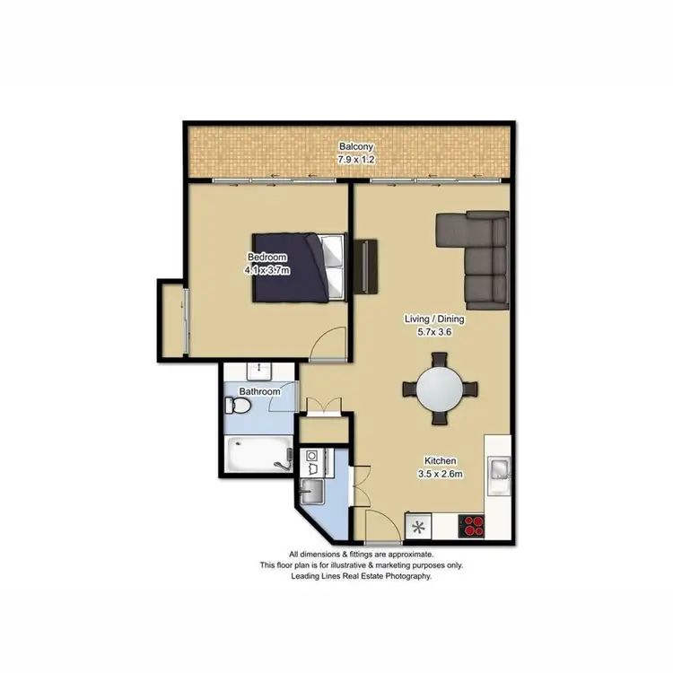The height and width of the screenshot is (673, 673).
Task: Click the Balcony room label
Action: pyautogui.click(x=356, y=147)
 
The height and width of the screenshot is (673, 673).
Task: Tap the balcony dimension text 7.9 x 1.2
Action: pyautogui.click(x=356, y=159)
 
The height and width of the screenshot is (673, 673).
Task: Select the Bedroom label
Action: pyautogui.click(x=267, y=258)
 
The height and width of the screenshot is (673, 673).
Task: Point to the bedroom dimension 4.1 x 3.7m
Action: pyautogui.click(x=267, y=269)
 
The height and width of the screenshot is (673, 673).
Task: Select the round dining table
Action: pyautogui.click(x=441, y=389)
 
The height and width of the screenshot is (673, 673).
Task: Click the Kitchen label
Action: pyautogui.click(x=441, y=461)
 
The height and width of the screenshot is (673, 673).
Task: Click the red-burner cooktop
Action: pyautogui.click(x=472, y=525)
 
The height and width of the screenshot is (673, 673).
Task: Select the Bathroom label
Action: pyautogui.click(x=260, y=392)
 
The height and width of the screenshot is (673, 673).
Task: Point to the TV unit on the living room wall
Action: pyautogui.click(x=366, y=267)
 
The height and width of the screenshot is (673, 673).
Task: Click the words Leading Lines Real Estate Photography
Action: pyautogui.click(x=362, y=577)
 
